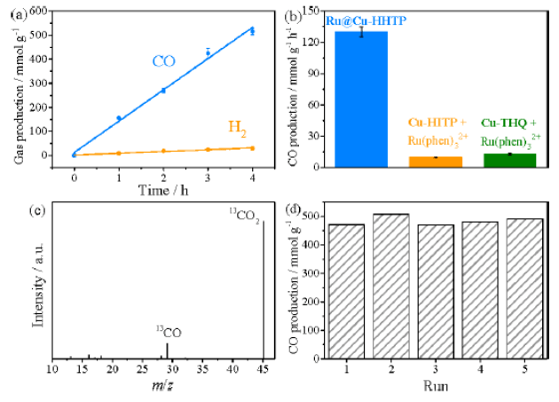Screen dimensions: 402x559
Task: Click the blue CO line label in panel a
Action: [x=163, y=62]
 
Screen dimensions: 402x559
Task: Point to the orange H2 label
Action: [x=238, y=128]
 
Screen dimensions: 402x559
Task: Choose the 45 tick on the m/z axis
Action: [x=263, y=367]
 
